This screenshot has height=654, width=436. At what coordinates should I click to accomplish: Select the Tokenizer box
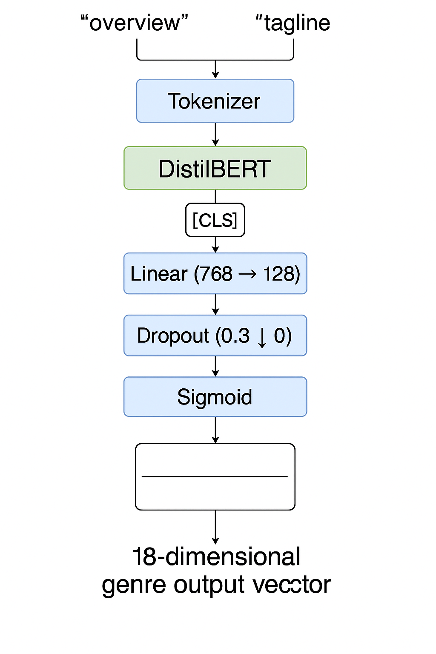click(215, 101)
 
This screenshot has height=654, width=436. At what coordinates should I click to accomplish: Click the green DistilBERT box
click(215, 168)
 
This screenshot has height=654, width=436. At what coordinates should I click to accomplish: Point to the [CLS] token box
click(215, 220)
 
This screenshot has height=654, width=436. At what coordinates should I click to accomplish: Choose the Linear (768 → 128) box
click(215, 274)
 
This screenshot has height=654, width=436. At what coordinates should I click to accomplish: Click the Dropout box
click(215, 336)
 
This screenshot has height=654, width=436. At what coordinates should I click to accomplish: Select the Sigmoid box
click(215, 397)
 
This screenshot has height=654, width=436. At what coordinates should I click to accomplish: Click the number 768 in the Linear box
click(216, 274)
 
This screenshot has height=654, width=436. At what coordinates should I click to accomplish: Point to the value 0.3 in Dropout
click(235, 336)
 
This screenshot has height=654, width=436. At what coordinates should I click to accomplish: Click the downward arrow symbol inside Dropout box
click(262, 337)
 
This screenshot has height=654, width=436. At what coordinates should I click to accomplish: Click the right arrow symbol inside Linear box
click(247, 274)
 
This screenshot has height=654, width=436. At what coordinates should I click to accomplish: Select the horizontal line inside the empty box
click(215, 476)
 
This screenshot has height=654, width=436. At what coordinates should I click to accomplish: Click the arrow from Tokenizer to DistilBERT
click(215, 135)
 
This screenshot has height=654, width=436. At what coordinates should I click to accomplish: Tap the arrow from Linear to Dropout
click(215, 304)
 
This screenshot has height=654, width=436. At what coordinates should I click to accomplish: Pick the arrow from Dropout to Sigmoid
click(215, 366)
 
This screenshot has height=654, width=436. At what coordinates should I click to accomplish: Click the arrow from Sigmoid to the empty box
click(215, 430)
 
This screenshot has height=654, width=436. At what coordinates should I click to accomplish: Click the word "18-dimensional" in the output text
click(216, 556)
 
